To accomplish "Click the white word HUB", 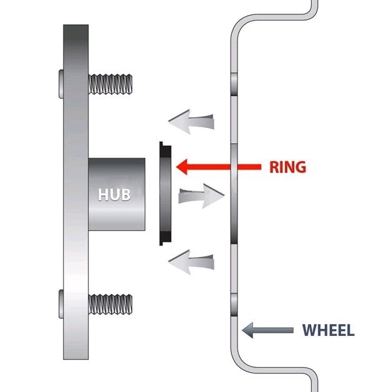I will (114, 194).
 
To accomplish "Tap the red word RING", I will (287, 167).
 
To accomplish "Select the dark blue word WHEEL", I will (328, 330).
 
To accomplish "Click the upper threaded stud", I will (111, 82).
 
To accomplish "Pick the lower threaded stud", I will (111, 304).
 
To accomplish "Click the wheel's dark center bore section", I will (234, 193).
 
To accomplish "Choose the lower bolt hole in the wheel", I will (234, 304).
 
